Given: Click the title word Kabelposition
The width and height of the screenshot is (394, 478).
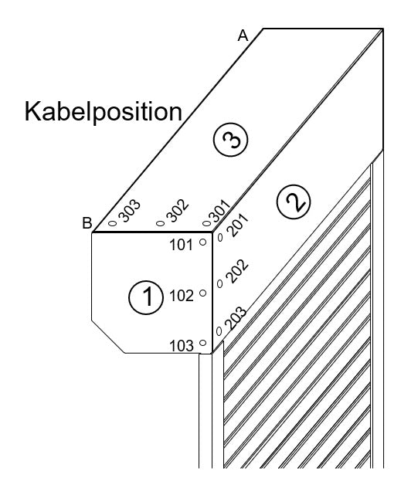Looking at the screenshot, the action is pos(103,112).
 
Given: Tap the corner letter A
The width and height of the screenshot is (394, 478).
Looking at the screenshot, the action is pos(243,36).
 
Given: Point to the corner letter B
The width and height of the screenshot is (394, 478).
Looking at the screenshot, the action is pos(87,223).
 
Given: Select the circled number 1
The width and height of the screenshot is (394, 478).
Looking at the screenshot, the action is pos(146,297).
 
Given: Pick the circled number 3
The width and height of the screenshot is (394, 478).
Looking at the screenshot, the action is pos(230,140).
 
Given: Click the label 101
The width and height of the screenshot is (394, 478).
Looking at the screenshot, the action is pos(181,245).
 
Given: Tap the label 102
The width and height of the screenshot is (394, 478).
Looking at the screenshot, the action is pos(181,296).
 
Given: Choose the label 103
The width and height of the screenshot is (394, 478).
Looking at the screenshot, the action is pos(181,346).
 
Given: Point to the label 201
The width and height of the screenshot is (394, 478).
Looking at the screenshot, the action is pos(238,225).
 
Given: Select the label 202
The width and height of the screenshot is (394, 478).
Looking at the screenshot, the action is pos(237,271).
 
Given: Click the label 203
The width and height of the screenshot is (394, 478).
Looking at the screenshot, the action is pos(236,318).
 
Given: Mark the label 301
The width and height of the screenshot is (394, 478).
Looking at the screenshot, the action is pos(219,211).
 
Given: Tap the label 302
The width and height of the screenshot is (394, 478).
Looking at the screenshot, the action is pos(178,211).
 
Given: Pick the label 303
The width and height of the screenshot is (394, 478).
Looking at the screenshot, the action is pos(130,211).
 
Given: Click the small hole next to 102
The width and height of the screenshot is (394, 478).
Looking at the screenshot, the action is pos(202,293).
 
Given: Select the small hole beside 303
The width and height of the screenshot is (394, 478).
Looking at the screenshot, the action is pos(113,223).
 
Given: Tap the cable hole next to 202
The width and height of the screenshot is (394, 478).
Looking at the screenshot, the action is pos(220,284).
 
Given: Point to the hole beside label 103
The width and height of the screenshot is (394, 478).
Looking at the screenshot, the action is pos(202,343).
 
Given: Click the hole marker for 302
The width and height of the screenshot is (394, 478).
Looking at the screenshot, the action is pos(160,223).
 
